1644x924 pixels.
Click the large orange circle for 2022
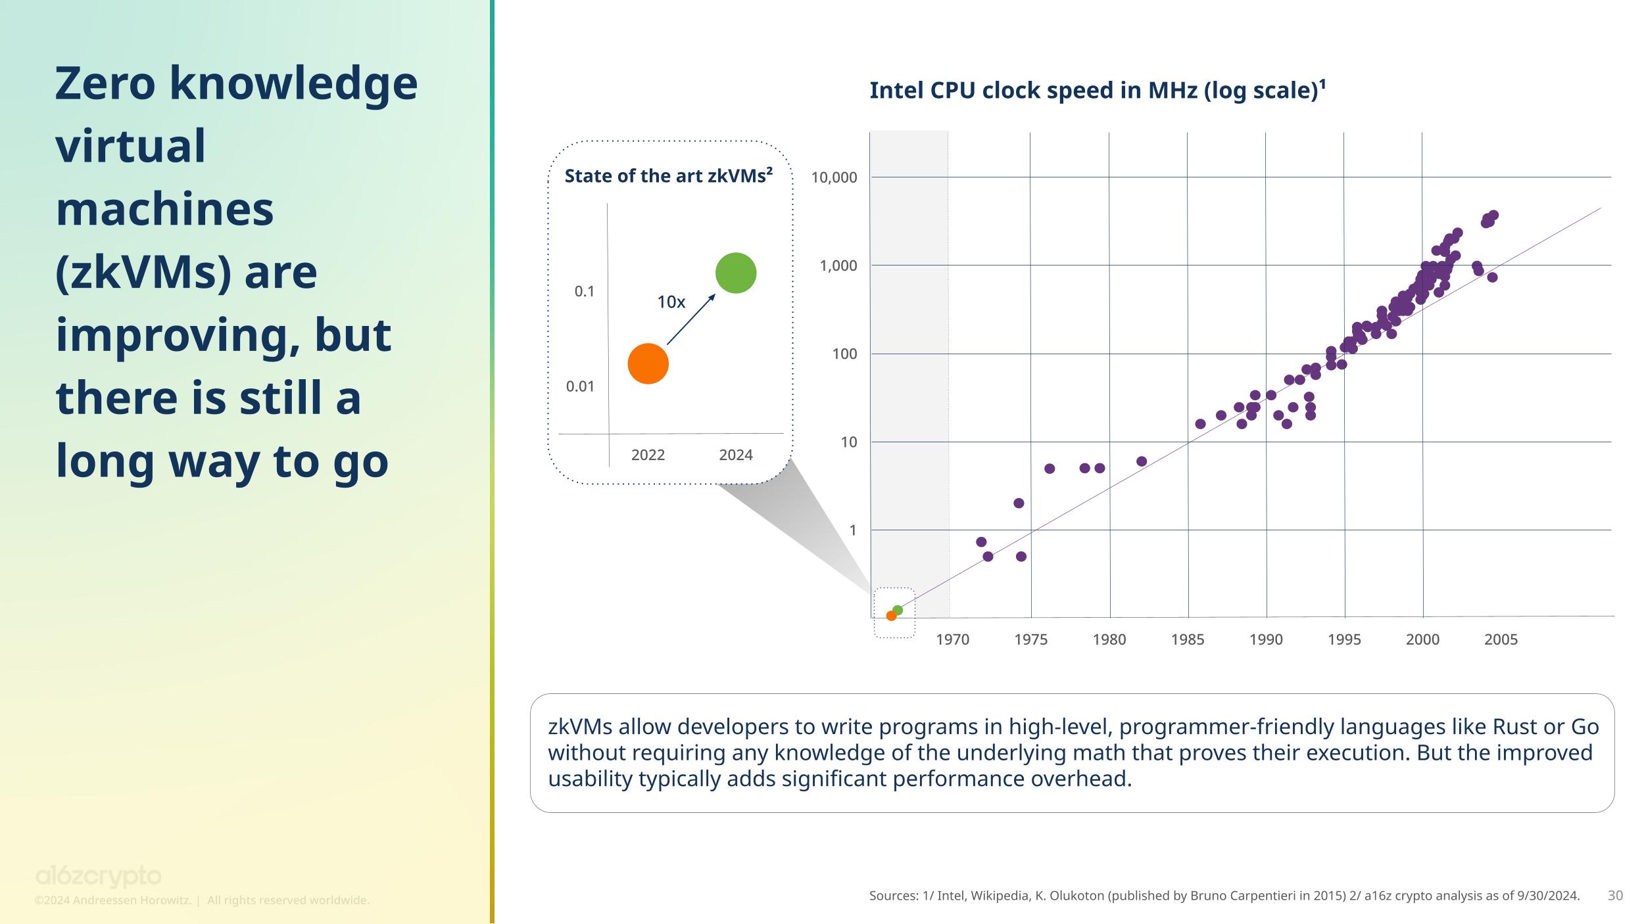[x=648, y=363]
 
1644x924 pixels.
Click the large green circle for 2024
[x=736, y=273]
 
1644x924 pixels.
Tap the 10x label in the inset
[x=671, y=302]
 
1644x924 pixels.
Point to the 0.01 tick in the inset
[x=580, y=386]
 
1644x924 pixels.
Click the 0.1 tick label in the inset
[x=585, y=291]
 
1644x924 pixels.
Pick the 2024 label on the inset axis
[x=736, y=455]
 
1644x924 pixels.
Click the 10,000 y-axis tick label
[x=834, y=177]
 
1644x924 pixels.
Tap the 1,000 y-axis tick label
[x=838, y=266]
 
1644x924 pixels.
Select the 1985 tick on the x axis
[x=1188, y=639]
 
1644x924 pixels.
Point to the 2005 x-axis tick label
[x=1501, y=639]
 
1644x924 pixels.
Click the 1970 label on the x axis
[x=952, y=639]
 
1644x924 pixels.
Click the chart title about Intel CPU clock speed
[x=1097, y=90]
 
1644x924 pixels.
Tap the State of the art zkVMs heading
[x=668, y=176]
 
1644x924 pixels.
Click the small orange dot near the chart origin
[x=891, y=616]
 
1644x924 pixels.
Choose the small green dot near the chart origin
[x=898, y=611]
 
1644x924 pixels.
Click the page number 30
[x=1615, y=895]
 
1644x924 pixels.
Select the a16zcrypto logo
[x=98, y=877]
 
